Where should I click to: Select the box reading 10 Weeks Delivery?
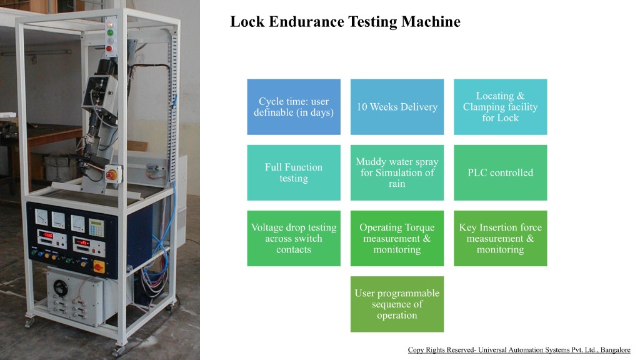pyautogui.click(x=397, y=107)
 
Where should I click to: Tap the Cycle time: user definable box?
pyautogui.click(x=294, y=107)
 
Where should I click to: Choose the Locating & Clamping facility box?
pyautogui.click(x=500, y=107)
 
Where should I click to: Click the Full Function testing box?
pyautogui.click(x=294, y=172)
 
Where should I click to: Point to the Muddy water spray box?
pyautogui.click(x=397, y=172)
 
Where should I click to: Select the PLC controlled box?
pyautogui.click(x=500, y=172)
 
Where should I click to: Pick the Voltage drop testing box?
pyautogui.click(x=294, y=238)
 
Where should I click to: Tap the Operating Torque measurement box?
pyautogui.click(x=397, y=238)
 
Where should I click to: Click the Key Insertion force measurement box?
pyautogui.click(x=500, y=238)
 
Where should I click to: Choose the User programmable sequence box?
pyautogui.click(x=397, y=304)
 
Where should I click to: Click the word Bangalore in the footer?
pyautogui.click(x=615, y=350)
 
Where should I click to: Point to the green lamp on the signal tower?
pyautogui.click(x=110, y=32)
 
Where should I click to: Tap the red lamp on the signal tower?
pyautogui.click(x=109, y=47)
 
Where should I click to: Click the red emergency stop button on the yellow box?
pyautogui.click(x=111, y=176)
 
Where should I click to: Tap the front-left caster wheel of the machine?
pyautogui.click(x=28, y=324)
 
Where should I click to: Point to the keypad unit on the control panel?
pyautogui.click(x=96, y=226)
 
